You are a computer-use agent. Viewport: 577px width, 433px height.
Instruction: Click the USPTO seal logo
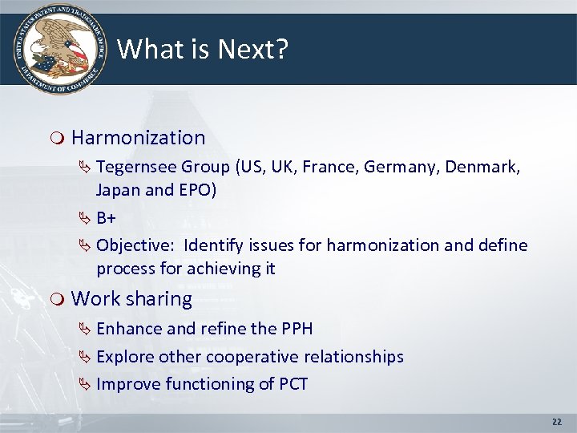pos(58,48)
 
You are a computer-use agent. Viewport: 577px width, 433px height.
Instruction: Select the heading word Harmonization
pos(138,138)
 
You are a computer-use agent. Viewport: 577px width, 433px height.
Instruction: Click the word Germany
pos(401,167)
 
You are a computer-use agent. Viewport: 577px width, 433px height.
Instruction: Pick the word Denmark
pos(482,167)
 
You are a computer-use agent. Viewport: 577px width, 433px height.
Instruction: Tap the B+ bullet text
pos(107,217)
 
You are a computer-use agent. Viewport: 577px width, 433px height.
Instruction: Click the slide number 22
pos(558,422)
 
